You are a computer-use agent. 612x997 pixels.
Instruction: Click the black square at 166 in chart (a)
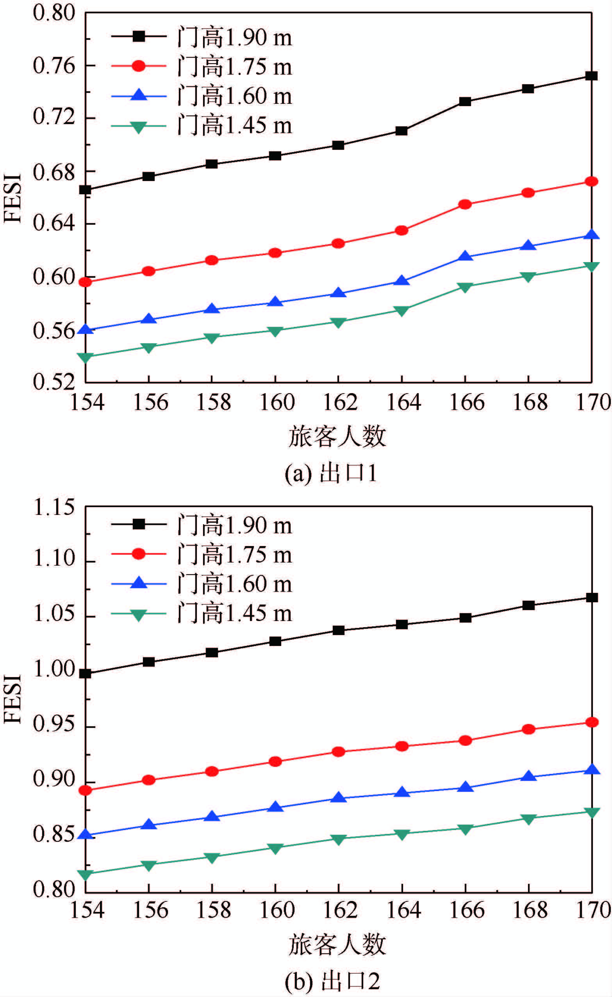pyautogui.click(x=465, y=101)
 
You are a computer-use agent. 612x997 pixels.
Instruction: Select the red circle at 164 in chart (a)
pyautogui.click(x=401, y=231)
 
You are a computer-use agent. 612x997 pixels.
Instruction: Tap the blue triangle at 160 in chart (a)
pyautogui.click(x=275, y=302)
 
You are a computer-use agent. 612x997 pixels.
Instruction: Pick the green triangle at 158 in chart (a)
pyautogui.click(x=212, y=337)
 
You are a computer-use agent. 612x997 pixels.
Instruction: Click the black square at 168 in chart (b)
pyautogui.click(x=528, y=605)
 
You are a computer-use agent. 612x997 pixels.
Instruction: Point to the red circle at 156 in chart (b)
pyautogui.click(x=149, y=780)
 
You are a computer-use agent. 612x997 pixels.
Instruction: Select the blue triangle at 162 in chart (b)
pyautogui.click(x=338, y=798)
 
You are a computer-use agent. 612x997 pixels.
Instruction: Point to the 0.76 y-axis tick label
pyautogui.click(x=48, y=66)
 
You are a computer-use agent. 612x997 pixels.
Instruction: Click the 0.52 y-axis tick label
pyautogui.click(x=48, y=382)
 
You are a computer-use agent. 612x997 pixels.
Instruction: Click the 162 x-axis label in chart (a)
pyautogui.click(x=340, y=403)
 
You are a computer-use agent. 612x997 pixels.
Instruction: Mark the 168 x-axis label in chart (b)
pyautogui.click(x=530, y=910)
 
